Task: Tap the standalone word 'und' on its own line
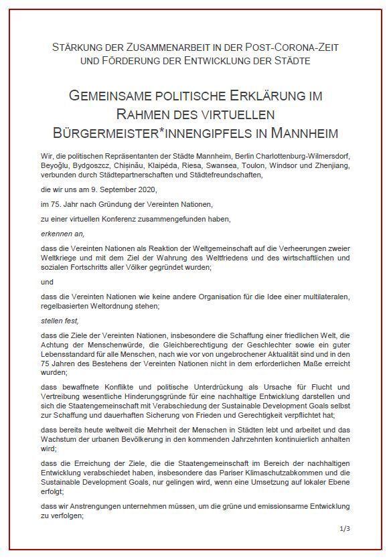pos(47,283)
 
